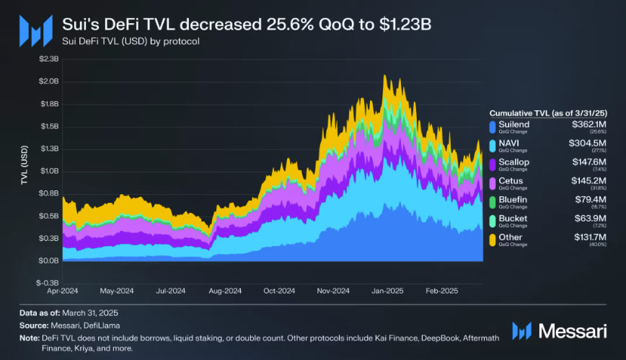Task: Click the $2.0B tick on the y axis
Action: (48, 82)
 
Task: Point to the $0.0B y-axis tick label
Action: (48, 260)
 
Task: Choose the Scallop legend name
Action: (514, 162)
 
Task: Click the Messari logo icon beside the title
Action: (35, 30)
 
